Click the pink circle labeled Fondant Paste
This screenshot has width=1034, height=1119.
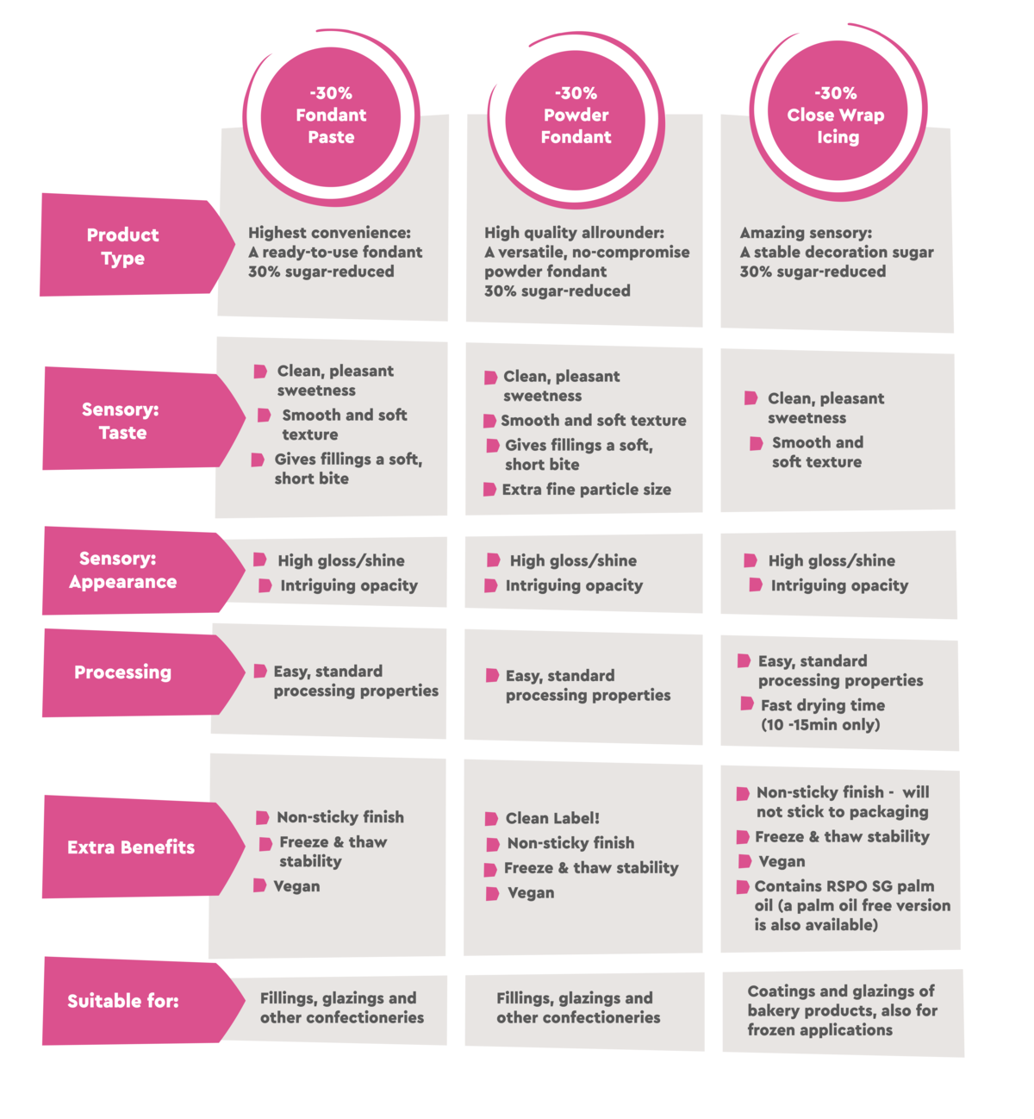point(331,116)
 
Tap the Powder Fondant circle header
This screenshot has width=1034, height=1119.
point(575,120)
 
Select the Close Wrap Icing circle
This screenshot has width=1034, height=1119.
point(838,110)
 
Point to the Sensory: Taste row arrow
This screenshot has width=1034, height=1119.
point(144,419)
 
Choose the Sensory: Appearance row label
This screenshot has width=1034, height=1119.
point(144,570)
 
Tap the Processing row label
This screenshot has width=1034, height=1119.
point(144,672)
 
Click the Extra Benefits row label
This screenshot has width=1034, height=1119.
point(144,847)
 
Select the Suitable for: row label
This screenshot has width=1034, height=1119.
point(144,1001)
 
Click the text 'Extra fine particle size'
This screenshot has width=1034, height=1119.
point(586,489)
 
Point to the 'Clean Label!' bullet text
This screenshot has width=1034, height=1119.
point(552,817)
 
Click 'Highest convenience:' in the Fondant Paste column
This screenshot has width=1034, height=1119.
point(329,233)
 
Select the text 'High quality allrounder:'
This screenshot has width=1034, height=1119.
point(575,233)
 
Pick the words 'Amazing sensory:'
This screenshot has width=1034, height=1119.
point(806,233)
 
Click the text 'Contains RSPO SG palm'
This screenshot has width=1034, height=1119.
point(844,886)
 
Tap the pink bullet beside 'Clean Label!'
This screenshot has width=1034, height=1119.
point(491,819)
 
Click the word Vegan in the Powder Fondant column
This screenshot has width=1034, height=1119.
point(531,893)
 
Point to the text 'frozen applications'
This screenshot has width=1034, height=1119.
point(820,1030)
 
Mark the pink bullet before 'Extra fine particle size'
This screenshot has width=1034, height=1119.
point(489,489)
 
